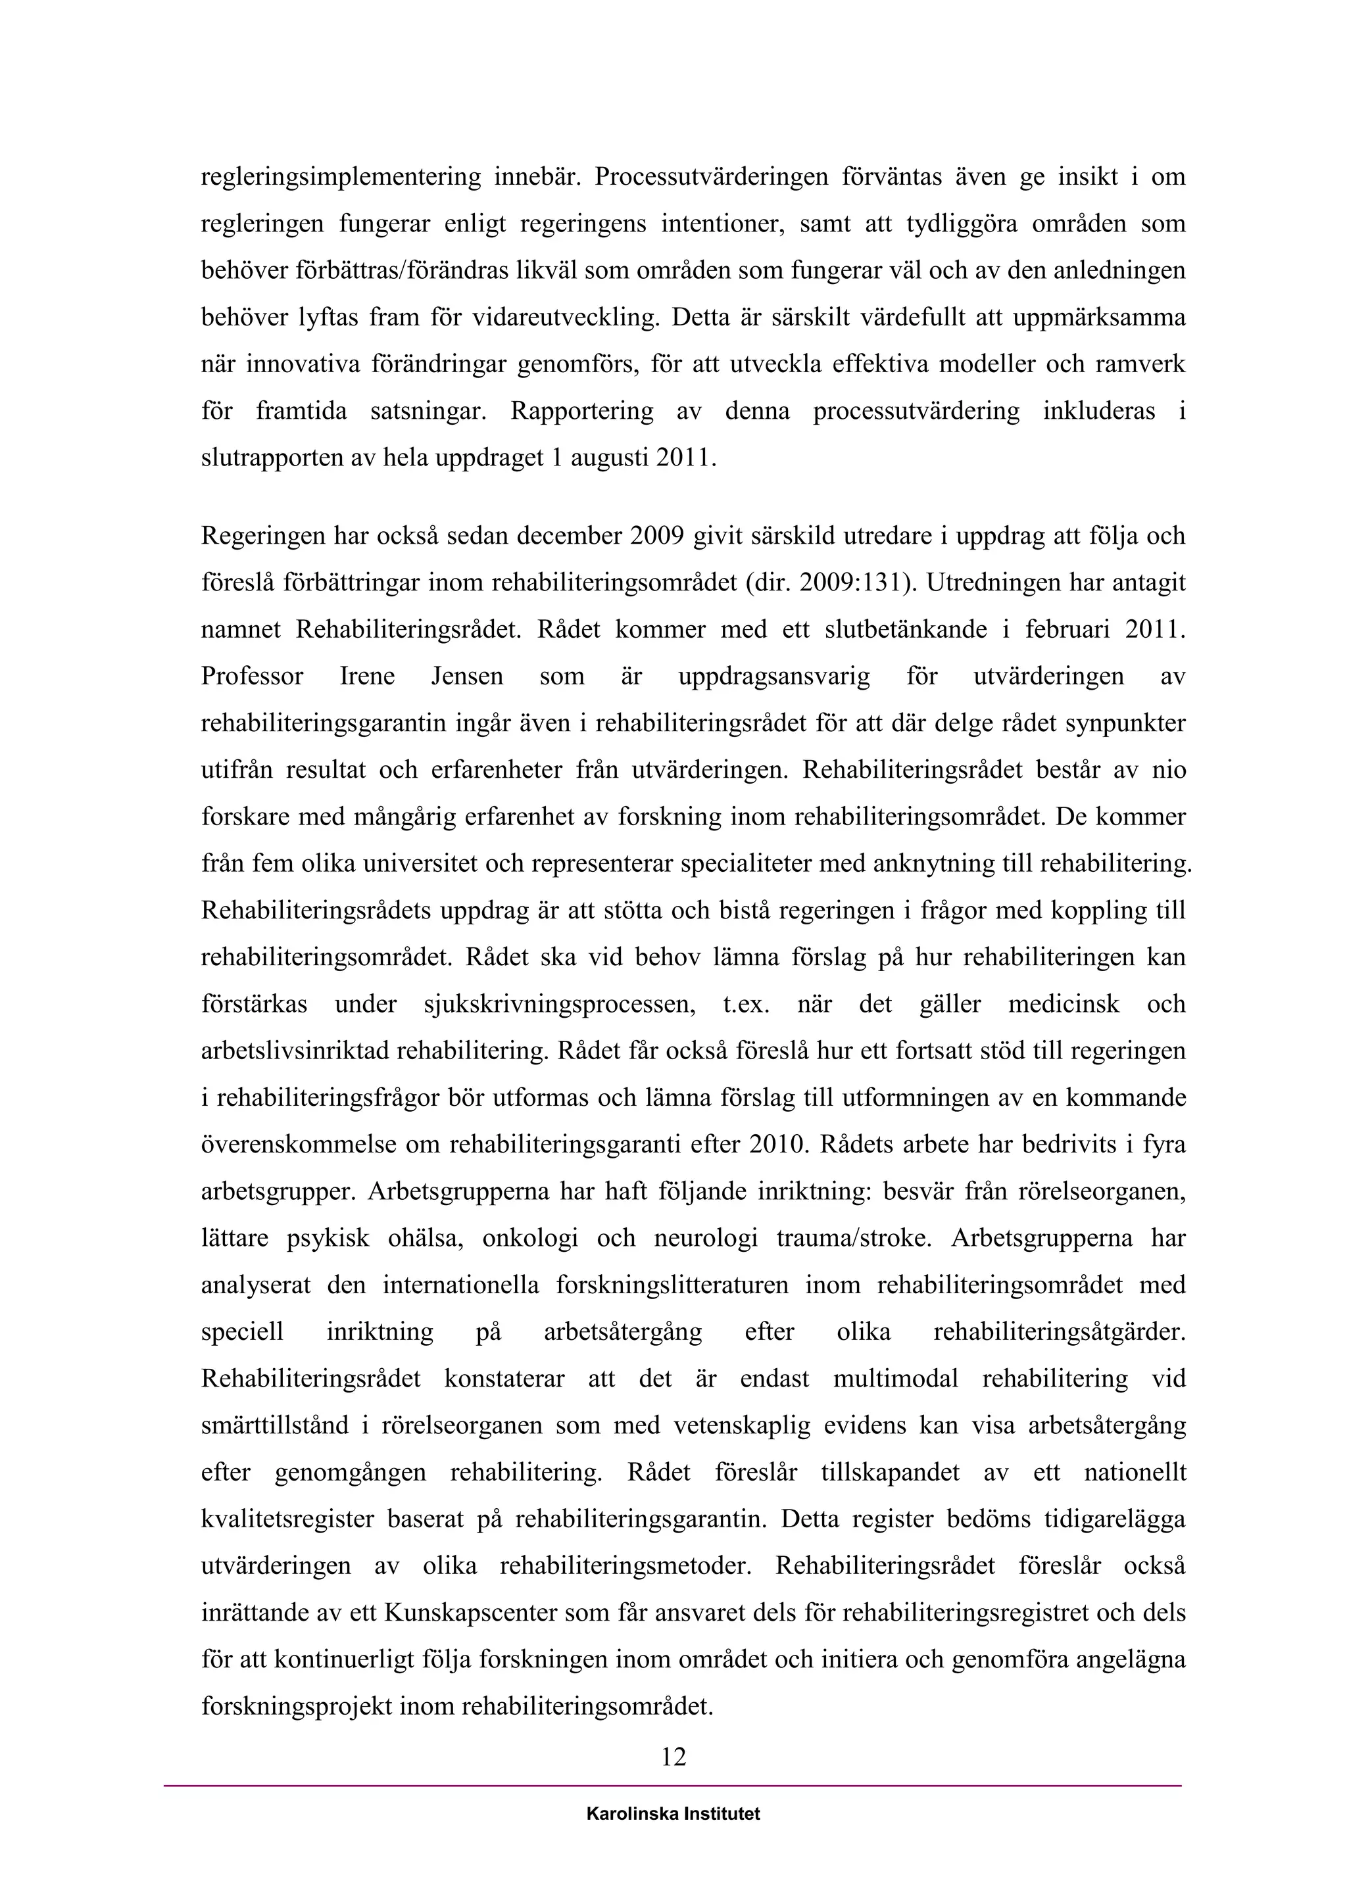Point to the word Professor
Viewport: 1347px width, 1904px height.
click(252, 677)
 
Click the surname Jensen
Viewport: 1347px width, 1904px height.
click(467, 677)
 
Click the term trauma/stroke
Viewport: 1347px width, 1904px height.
click(851, 1239)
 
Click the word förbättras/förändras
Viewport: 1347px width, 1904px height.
click(401, 271)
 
